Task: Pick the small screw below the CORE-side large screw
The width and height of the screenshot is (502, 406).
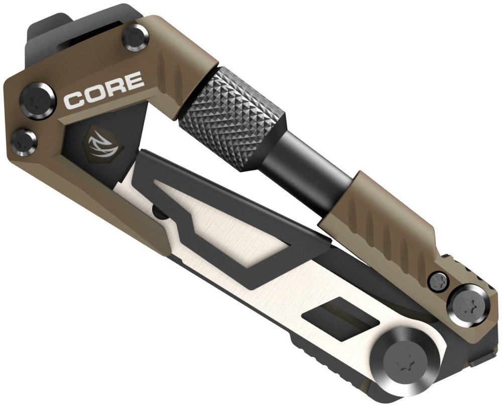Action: (x=24, y=141)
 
